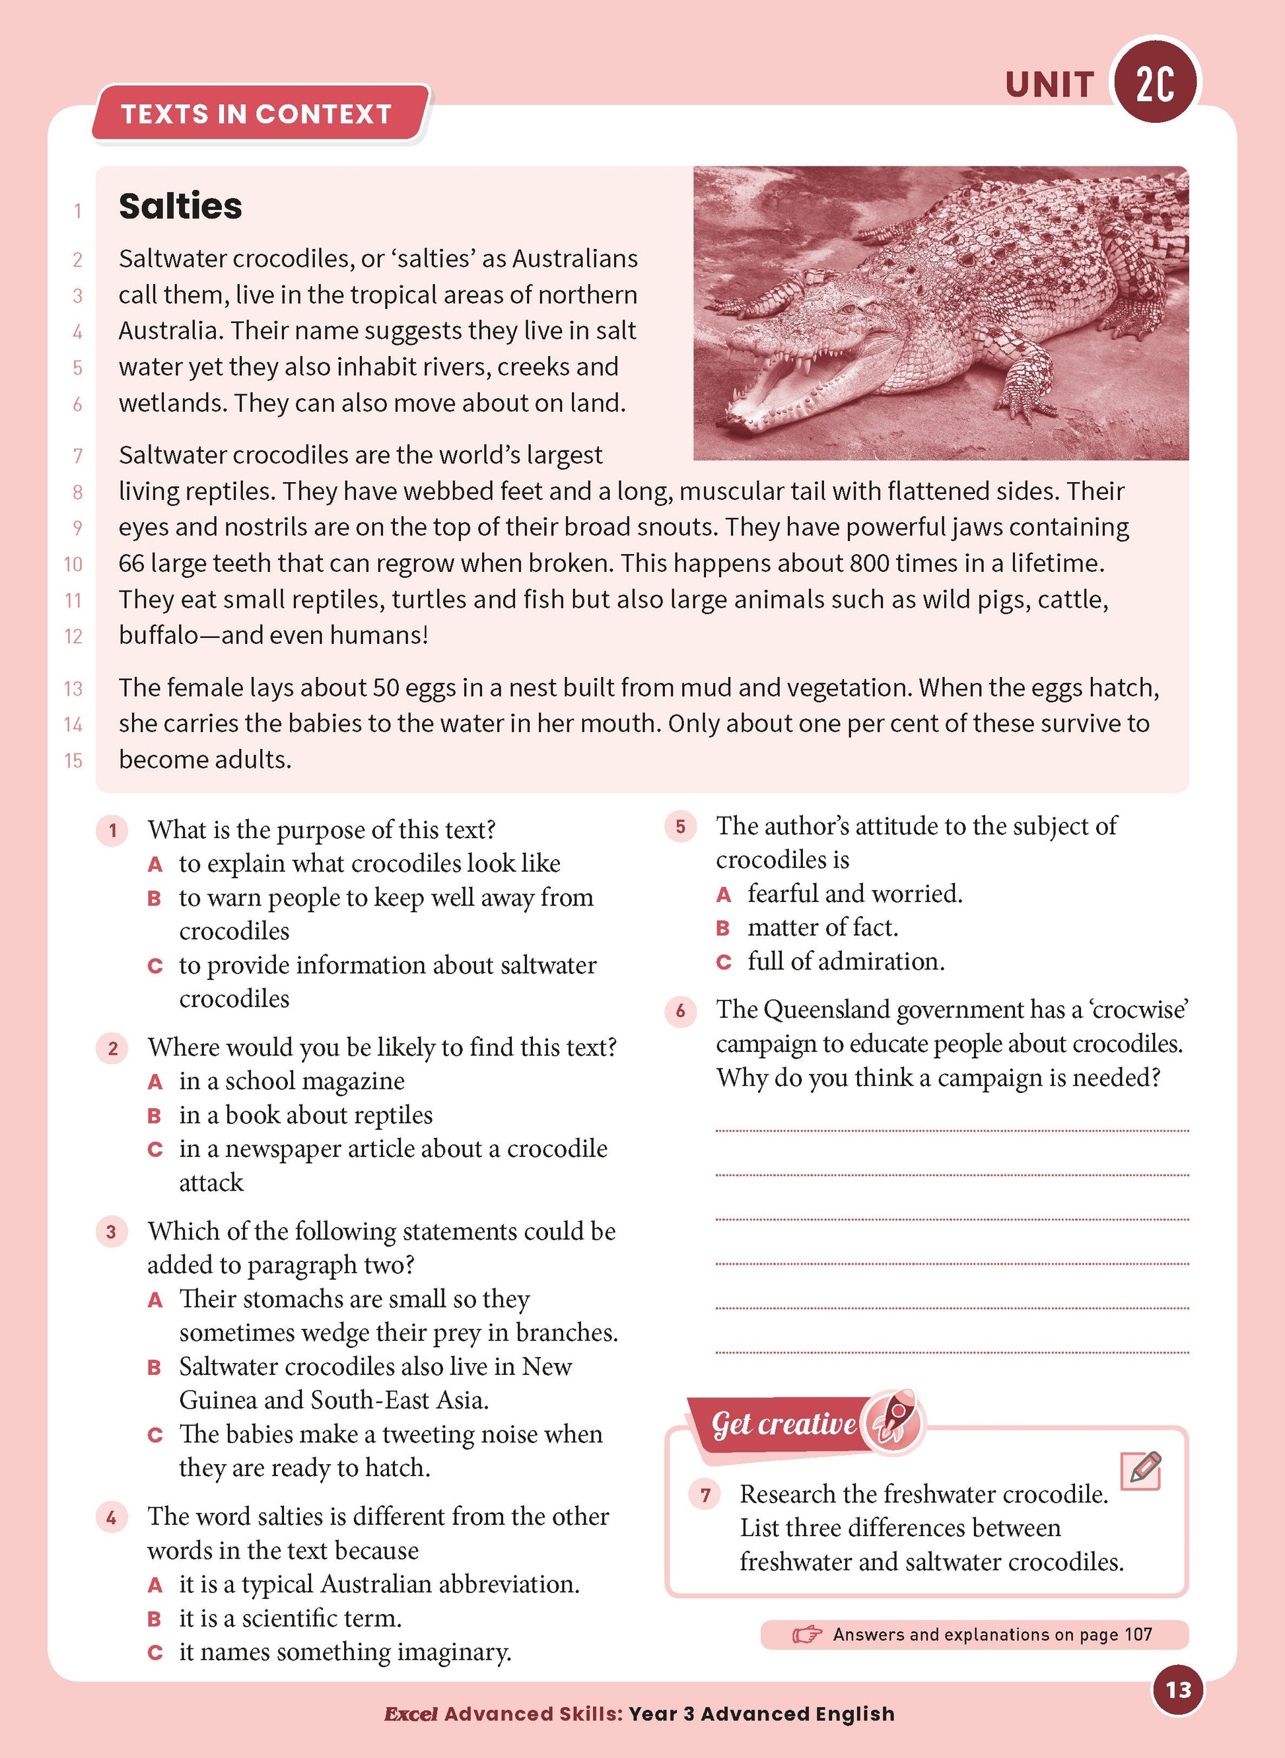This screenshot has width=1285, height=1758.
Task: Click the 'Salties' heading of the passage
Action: click(x=180, y=206)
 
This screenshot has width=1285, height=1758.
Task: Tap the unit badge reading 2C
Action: click(x=1155, y=83)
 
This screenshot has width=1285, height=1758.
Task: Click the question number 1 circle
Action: click(x=113, y=831)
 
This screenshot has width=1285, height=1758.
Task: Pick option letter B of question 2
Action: click(x=155, y=1116)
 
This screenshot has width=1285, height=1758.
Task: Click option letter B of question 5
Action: click(x=724, y=928)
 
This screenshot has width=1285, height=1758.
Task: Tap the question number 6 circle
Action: click(x=681, y=1011)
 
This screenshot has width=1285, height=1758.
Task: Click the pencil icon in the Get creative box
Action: click(x=1141, y=1470)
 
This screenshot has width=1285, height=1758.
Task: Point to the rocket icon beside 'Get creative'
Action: click(x=893, y=1421)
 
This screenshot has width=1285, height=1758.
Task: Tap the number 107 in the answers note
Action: click(x=1138, y=1635)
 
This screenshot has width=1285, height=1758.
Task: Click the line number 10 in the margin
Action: click(x=73, y=565)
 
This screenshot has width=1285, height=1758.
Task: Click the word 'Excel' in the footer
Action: click(x=411, y=1714)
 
